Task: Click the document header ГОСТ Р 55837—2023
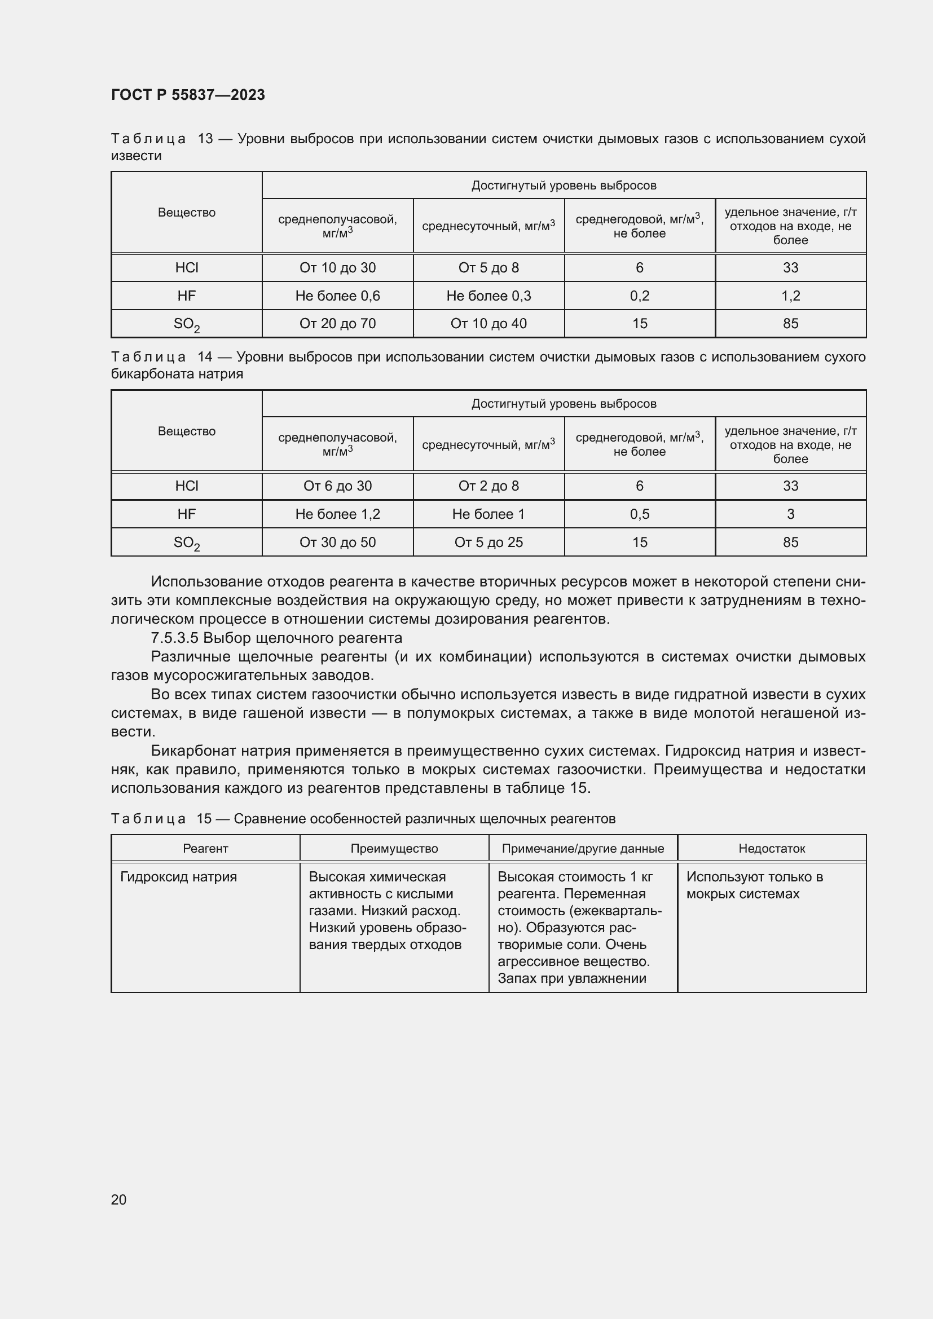tap(188, 95)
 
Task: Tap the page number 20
tap(119, 1199)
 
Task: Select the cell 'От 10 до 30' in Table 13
tap(337, 268)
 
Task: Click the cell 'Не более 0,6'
tap(337, 296)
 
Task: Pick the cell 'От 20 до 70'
tap(337, 324)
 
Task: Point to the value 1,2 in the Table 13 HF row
tap(790, 296)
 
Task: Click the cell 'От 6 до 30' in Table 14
tap(337, 486)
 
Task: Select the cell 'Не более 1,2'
tap(337, 514)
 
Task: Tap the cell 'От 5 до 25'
tap(488, 542)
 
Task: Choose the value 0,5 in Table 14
tap(640, 514)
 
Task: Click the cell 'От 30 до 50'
tap(337, 542)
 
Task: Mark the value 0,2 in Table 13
tap(640, 296)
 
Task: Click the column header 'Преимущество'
tap(394, 849)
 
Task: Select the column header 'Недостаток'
tap(772, 849)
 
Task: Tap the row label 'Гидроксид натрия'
tap(179, 877)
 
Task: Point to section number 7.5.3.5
tap(175, 638)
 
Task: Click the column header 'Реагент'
tap(206, 849)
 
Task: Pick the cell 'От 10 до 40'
tap(488, 324)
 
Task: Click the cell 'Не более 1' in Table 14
tap(488, 514)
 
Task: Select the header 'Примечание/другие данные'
tap(583, 849)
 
